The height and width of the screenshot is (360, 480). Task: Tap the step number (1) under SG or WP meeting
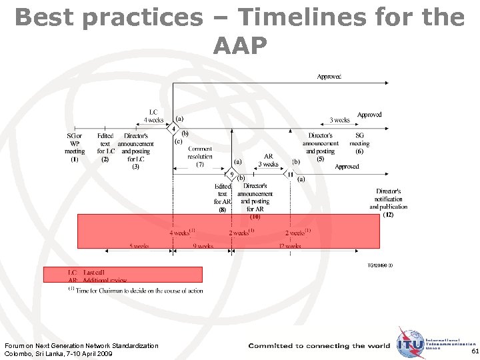click(x=75, y=159)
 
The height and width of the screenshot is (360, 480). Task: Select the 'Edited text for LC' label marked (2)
click(x=105, y=147)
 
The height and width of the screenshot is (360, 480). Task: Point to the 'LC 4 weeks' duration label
click(x=153, y=116)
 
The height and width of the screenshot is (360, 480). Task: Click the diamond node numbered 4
click(x=173, y=128)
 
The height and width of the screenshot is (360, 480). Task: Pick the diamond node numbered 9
click(x=231, y=175)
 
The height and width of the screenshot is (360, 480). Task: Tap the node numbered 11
click(x=290, y=175)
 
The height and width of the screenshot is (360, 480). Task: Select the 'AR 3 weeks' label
click(x=268, y=160)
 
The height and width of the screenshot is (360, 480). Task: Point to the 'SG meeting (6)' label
click(x=359, y=147)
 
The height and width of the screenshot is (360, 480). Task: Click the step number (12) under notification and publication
click(x=388, y=214)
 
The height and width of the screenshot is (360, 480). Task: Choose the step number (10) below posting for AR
click(x=255, y=217)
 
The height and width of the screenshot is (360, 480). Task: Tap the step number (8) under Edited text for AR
click(x=222, y=209)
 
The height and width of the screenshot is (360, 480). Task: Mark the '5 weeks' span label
click(x=139, y=246)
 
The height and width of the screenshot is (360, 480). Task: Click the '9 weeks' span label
click(x=203, y=246)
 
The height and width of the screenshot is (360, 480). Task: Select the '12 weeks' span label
click(x=290, y=246)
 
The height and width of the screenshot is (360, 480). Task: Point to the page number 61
click(x=473, y=351)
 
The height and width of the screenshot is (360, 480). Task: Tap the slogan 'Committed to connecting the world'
click(x=319, y=346)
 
